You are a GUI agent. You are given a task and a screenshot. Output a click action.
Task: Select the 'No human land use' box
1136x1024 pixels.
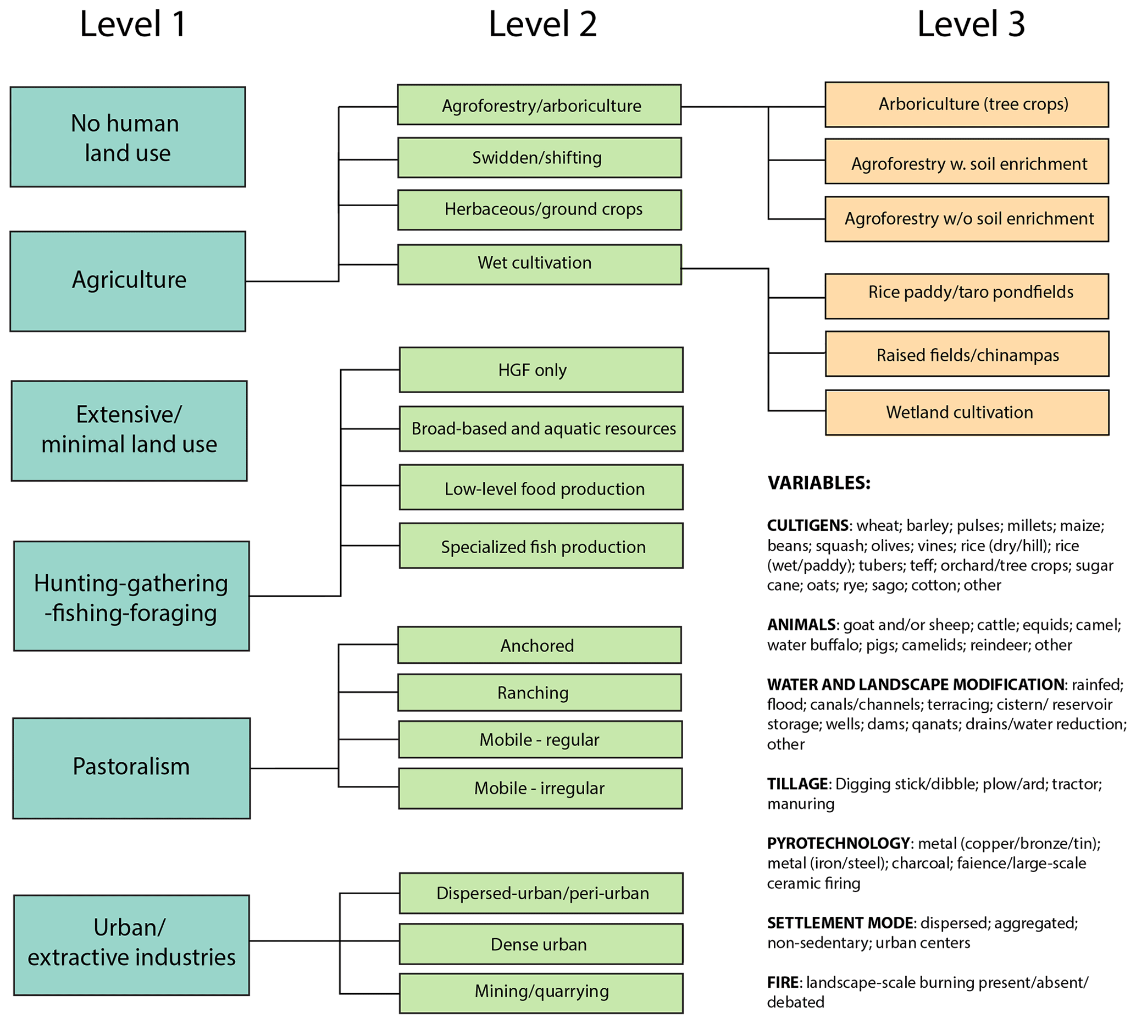point(128,137)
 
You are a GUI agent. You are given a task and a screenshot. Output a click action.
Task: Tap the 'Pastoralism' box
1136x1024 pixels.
point(131,767)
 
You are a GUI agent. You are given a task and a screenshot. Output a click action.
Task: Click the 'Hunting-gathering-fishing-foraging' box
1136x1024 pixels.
point(131,596)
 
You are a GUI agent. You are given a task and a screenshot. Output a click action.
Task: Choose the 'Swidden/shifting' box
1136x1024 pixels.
point(539,157)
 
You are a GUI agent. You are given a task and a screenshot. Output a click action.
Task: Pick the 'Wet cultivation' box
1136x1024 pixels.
point(539,264)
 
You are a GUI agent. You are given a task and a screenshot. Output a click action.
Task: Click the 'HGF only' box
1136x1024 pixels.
point(540,370)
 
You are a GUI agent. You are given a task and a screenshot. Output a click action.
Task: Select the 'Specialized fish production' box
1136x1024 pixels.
point(540,546)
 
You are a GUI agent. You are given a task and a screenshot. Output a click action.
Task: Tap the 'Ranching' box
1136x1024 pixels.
point(539,692)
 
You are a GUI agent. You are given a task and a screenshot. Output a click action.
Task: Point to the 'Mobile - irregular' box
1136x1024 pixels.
point(540,788)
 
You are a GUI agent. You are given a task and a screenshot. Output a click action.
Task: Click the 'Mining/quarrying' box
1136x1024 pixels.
point(540,993)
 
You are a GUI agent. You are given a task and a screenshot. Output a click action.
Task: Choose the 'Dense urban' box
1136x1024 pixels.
point(540,944)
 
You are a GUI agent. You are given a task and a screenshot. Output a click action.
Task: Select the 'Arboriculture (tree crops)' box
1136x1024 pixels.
point(966,104)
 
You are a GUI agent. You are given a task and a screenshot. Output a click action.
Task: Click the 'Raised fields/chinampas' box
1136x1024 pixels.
point(966,354)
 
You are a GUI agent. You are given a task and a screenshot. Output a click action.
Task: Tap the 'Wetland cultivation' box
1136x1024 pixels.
point(966,412)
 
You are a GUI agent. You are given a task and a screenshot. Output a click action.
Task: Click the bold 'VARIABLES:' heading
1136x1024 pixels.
point(818,483)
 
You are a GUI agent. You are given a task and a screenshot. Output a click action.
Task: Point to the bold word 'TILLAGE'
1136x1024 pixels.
point(797,784)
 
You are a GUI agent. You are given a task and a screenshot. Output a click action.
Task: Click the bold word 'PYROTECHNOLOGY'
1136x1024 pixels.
point(838,844)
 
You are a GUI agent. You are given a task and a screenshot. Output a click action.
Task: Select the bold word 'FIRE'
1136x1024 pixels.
point(782,982)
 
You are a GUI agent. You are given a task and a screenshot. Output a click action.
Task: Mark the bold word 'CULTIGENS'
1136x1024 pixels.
point(807,526)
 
